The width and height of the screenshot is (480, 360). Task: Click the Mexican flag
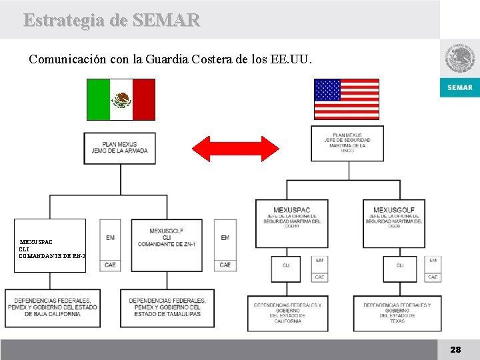click(x=121, y=99)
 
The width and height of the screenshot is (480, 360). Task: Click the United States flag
click(x=347, y=99)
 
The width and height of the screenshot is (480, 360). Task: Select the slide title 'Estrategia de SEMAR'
click(x=111, y=20)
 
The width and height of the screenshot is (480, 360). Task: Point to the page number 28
click(x=455, y=349)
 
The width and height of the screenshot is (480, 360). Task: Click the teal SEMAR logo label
click(x=459, y=88)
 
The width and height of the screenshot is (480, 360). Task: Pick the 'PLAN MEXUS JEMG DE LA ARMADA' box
click(x=120, y=148)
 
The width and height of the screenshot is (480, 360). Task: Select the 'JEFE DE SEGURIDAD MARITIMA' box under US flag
click(x=347, y=143)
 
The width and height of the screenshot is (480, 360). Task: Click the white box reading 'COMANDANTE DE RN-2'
click(x=52, y=245)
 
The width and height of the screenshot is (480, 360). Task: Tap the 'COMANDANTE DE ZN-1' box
click(x=167, y=245)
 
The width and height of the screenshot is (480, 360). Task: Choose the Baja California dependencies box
click(x=53, y=307)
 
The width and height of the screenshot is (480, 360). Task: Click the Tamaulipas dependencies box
click(x=167, y=307)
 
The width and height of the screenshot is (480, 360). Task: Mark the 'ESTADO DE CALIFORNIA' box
click(x=287, y=313)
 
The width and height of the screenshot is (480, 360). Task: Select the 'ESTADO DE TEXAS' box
click(x=397, y=313)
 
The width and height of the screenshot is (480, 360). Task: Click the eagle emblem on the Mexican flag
click(x=121, y=100)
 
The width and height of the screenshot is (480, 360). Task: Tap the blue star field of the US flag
click(x=327, y=90)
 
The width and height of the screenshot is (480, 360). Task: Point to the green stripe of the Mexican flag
click(x=98, y=99)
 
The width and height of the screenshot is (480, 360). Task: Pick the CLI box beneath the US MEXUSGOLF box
click(x=400, y=268)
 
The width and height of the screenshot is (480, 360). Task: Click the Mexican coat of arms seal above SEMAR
click(x=459, y=59)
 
